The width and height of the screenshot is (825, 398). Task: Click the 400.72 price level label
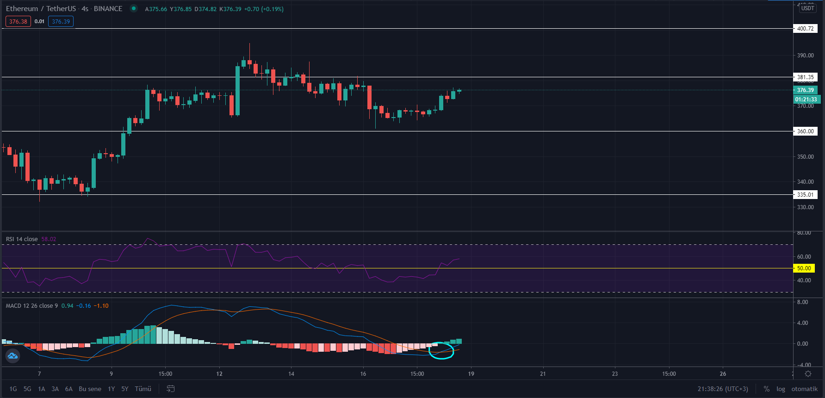coord(805,29)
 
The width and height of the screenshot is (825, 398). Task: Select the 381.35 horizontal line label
coord(805,77)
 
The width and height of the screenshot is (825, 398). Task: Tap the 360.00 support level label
coord(805,131)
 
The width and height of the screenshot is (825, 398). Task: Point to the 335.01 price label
coord(805,195)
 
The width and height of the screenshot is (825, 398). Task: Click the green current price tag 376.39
coord(805,90)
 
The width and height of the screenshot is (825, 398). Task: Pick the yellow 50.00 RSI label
coord(804,268)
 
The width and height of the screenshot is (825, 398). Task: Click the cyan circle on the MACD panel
coord(441,350)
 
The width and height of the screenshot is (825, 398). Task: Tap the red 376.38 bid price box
coord(18,22)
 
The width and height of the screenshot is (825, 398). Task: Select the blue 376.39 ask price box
coord(61,22)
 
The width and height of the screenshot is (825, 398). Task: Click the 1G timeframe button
coord(13,389)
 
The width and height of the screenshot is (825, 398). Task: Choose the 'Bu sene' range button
coord(90,389)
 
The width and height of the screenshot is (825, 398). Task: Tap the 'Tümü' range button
coord(143,389)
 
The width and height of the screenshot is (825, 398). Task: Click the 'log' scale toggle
coord(781,389)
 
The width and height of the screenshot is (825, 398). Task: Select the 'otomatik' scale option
coord(804,389)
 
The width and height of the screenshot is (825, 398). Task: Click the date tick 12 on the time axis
coord(219,374)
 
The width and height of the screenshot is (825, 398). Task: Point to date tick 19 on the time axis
coord(471,374)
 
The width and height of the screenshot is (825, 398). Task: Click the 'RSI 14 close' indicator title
coord(22,239)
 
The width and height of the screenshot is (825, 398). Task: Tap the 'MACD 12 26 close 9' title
coord(32,306)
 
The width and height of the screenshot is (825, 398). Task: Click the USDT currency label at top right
coord(807,8)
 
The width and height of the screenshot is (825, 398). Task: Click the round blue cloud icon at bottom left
coord(12,356)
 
